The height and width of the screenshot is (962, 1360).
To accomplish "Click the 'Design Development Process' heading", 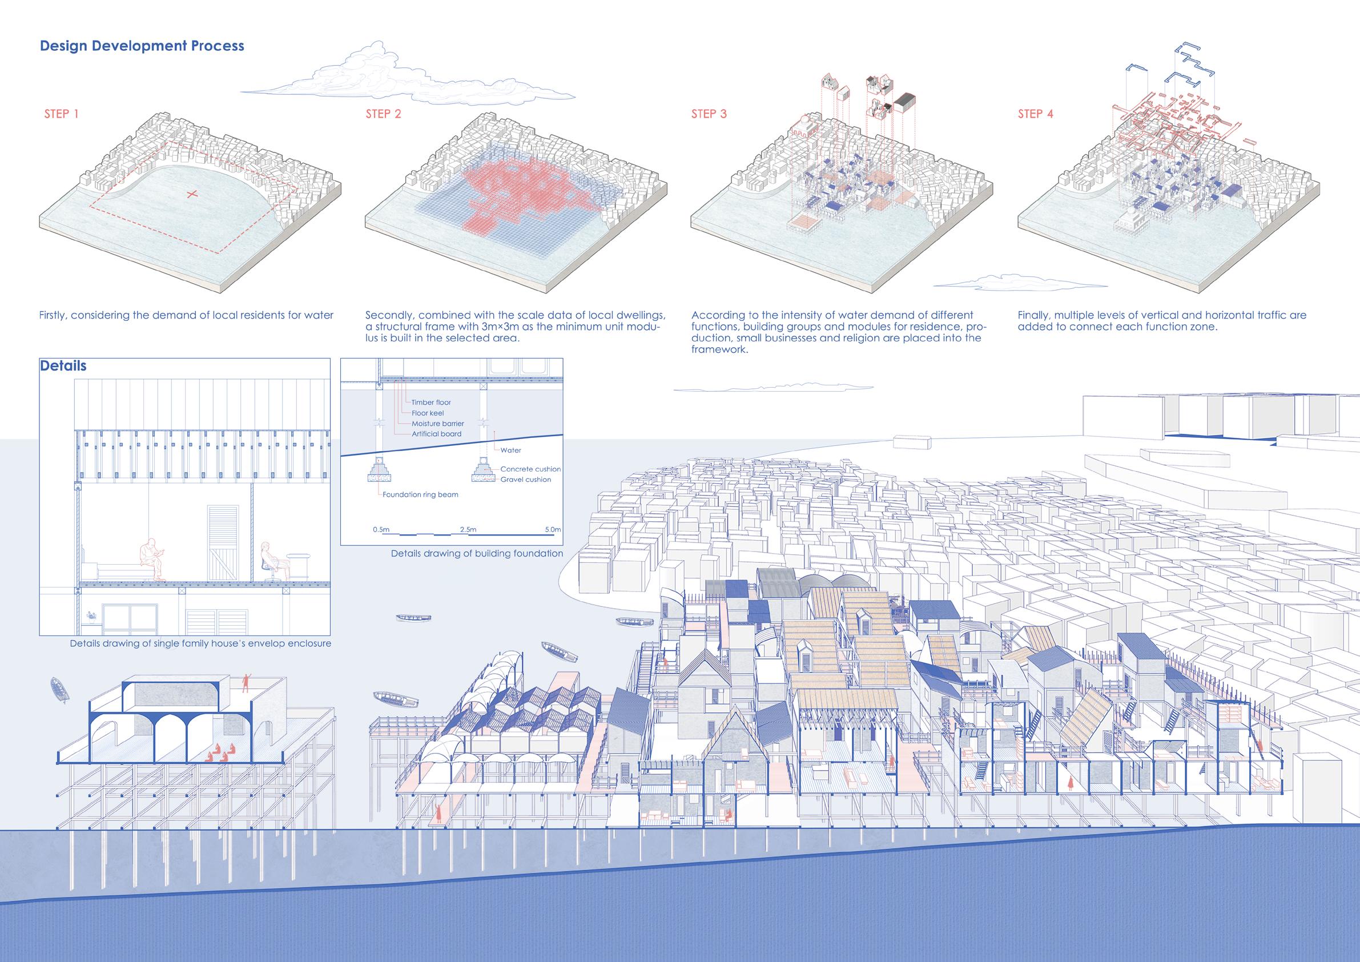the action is point(142,46).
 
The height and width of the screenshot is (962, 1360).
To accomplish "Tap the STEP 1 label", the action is point(61,114).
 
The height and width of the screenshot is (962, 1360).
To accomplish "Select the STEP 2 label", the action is point(383,114).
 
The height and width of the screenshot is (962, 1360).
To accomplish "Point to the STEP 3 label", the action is point(709,114).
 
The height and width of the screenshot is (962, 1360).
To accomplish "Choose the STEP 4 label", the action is point(1035,114).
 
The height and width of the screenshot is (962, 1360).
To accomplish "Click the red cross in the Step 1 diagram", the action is point(191,194).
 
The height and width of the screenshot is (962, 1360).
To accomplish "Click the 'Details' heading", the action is point(63,366).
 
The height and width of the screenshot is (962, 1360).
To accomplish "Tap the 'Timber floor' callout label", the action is point(431,402).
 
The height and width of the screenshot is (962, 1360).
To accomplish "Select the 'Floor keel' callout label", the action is point(428,413).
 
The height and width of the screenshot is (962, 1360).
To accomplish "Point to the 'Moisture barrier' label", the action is point(438,424).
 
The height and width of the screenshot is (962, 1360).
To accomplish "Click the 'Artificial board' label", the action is point(437,433).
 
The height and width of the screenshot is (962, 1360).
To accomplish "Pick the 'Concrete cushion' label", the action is point(530,469).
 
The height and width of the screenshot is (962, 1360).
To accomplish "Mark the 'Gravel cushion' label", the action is point(525,479).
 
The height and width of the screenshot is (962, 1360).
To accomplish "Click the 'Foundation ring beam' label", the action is point(420,494).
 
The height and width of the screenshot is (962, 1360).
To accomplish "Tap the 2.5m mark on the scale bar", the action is point(468,529).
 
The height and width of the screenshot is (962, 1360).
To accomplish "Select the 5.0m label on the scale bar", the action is point(552,529).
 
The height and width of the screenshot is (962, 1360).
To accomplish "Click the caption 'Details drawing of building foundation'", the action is point(477,553).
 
